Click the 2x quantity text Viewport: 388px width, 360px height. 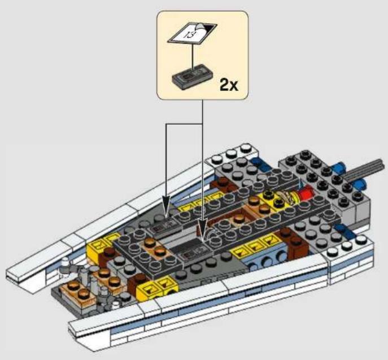pyautogui.click(x=229, y=85)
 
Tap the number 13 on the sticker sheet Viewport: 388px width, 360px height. pyautogui.click(x=190, y=34)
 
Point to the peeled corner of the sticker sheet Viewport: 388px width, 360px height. pyautogui.click(x=200, y=27)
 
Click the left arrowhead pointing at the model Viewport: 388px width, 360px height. pyautogui.click(x=166, y=203)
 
